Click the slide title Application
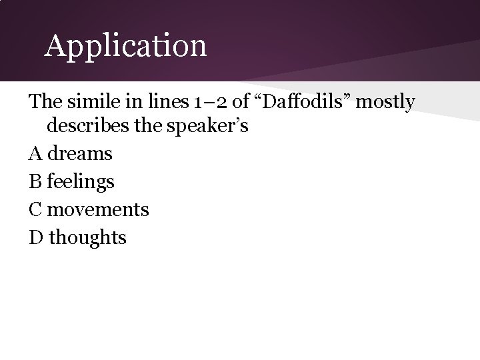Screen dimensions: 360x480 point(125,46)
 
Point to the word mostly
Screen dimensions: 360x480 point(385,103)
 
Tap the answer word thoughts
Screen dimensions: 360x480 point(87,237)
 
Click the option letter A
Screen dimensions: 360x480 point(35,153)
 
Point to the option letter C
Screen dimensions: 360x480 point(35,209)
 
